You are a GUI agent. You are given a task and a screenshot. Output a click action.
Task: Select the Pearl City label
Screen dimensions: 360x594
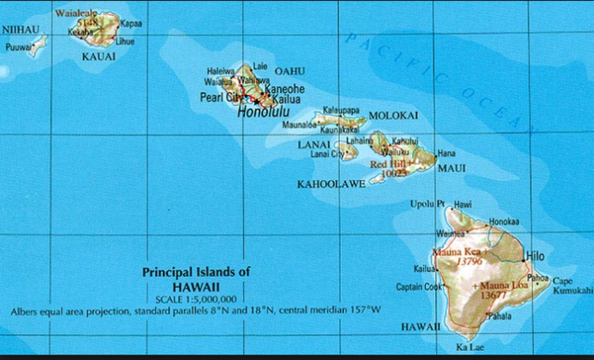click(221, 97)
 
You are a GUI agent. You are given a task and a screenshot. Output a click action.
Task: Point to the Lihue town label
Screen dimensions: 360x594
click(124, 43)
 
